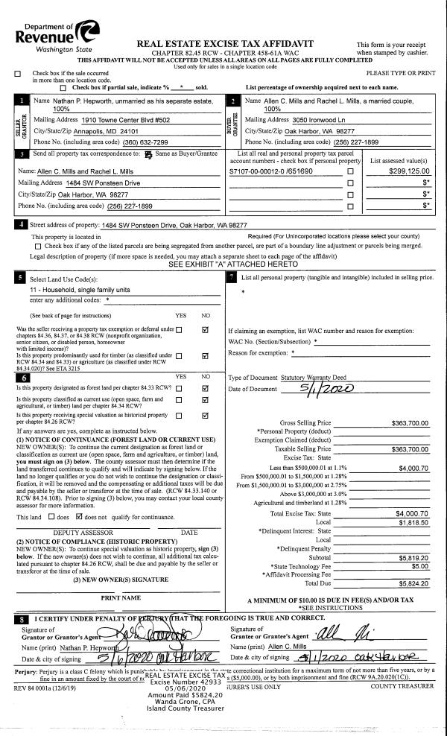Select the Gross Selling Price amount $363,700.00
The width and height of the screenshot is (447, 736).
point(410,423)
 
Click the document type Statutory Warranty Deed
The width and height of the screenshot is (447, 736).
point(309,378)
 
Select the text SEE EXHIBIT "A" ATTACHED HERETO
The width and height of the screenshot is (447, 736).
point(221,264)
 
